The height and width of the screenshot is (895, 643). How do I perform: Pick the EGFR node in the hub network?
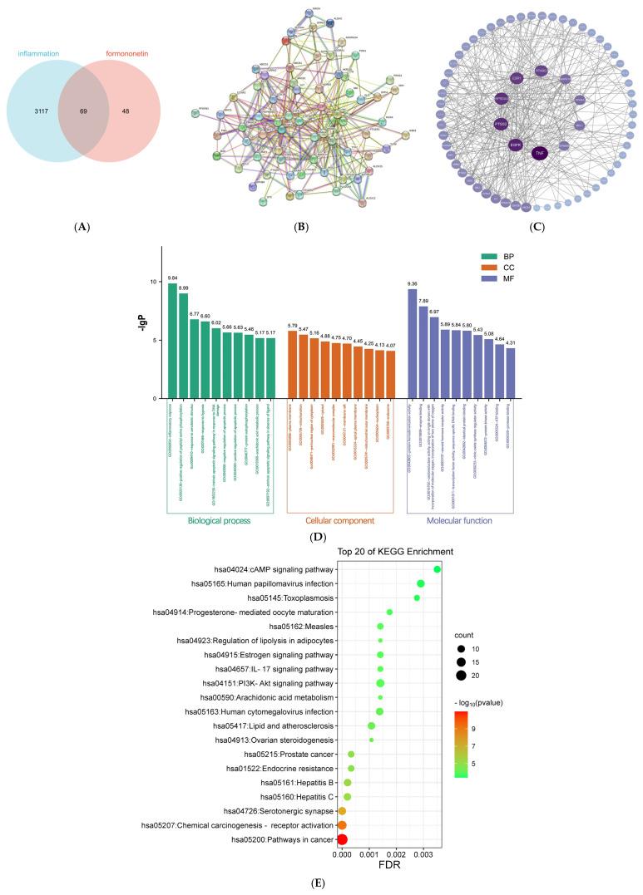point(516,144)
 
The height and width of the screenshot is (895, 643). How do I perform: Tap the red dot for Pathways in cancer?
point(342,840)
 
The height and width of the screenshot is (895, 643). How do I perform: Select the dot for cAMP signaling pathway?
point(438,569)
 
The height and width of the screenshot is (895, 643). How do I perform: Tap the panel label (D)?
point(317,537)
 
